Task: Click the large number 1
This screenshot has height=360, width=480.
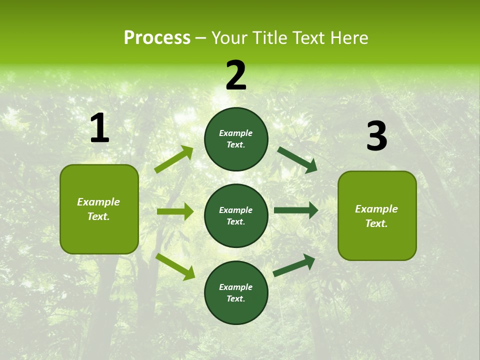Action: (99, 128)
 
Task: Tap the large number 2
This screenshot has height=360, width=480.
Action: (236, 75)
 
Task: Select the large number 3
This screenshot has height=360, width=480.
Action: (376, 136)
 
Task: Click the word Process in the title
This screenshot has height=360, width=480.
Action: (157, 37)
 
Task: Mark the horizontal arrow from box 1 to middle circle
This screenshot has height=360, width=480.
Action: (175, 211)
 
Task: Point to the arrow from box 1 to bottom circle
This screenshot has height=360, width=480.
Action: (175, 266)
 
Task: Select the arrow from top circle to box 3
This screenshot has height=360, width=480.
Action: (297, 159)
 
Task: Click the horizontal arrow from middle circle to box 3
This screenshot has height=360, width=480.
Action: (296, 210)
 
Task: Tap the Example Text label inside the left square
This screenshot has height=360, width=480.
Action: (98, 209)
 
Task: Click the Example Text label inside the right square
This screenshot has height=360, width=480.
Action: (376, 216)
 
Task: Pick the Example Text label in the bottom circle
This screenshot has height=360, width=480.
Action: (235, 292)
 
